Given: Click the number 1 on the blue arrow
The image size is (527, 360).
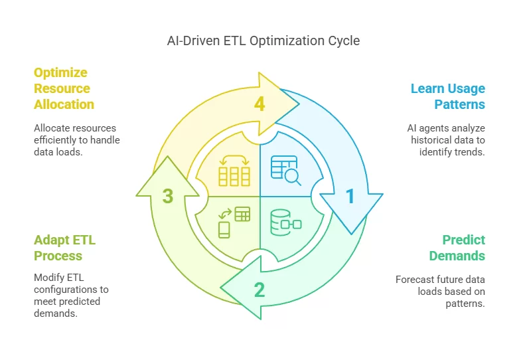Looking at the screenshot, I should tap(350, 196).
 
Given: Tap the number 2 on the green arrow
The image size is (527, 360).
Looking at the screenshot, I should tap(259, 290).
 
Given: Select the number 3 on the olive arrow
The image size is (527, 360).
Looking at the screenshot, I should tap(168, 196).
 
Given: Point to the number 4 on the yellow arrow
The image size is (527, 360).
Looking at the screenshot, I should tap(260, 104).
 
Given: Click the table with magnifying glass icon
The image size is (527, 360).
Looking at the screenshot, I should tap(285, 169).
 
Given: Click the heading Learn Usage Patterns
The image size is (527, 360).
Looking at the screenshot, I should tap(447, 96).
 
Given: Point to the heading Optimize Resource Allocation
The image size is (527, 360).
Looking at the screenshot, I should tap(64, 88).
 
